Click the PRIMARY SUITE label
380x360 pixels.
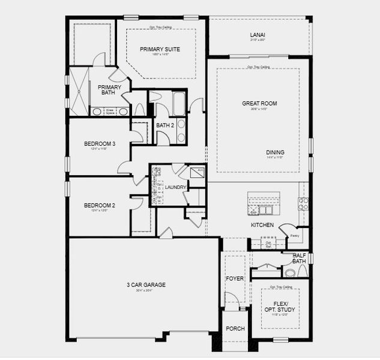pyautogui.click(x=160, y=49)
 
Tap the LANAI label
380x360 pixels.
pyautogui.click(x=258, y=35)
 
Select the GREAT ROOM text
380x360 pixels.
pyautogui.click(x=259, y=103)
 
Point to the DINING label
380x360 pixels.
pyautogui.click(x=275, y=152)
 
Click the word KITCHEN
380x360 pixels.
pyautogui.click(x=262, y=225)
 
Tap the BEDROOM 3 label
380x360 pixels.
pyautogui.click(x=99, y=143)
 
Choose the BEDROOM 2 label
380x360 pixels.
pyautogui.click(x=99, y=205)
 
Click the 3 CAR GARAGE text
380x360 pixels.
pyautogui.click(x=145, y=284)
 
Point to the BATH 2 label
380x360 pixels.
pyautogui.click(x=164, y=125)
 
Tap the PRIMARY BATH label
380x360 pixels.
pyautogui.click(x=110, y=90)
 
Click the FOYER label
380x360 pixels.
pyautogui.click(x=234, y=278)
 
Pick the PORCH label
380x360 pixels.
pyautogui.click(x=235, y=329)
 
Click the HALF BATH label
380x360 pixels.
pyautogui.click(x=299, y=258)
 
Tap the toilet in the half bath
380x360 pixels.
pyautogui.click(x=291, y=272)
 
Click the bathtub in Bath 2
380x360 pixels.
pyautogui.click(x=179, y=103)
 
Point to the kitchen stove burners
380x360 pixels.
pyautogui.click(x=303, y=203)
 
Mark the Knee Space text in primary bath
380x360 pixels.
pyautogui.click(x=110, y=111)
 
